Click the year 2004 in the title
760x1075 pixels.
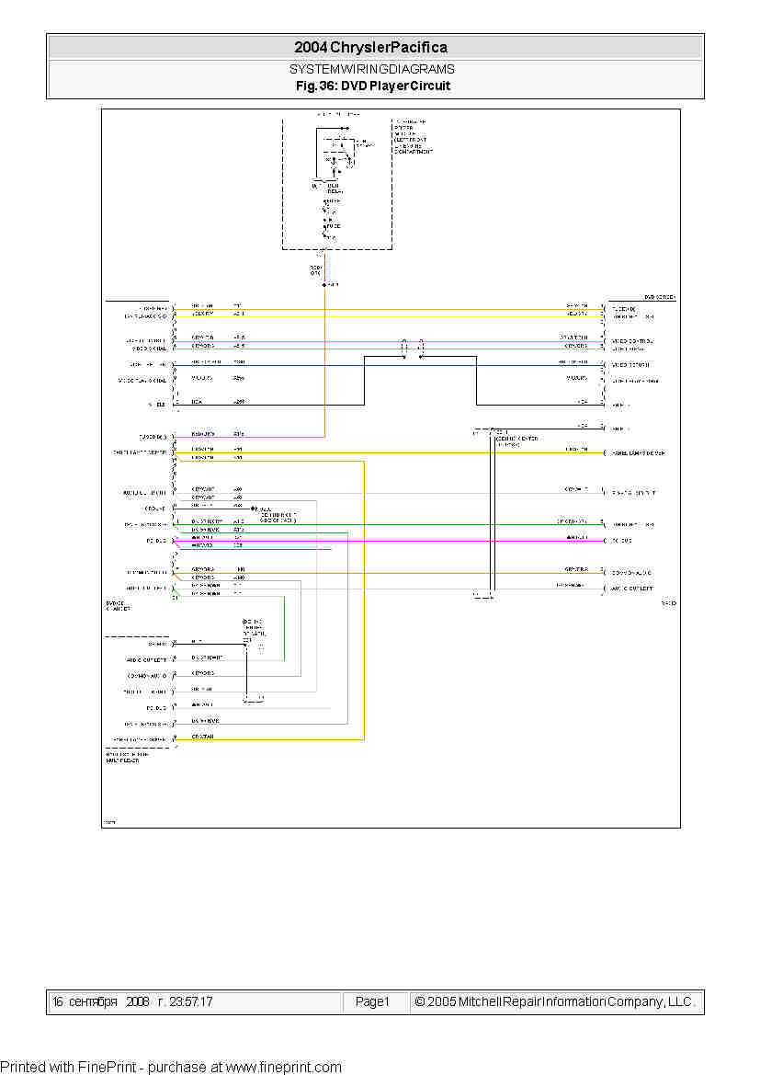(311, 47)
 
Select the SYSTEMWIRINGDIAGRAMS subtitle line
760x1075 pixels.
(371, 69)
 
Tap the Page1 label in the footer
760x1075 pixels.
(372, 1001)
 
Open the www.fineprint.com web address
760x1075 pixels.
(283, 1067)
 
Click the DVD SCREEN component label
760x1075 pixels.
(659, 298)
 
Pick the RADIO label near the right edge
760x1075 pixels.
(668, 603)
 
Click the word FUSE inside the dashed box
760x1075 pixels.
(332, 225)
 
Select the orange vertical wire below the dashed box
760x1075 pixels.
(324, 368)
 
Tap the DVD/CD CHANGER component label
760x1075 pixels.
(119, 604)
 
